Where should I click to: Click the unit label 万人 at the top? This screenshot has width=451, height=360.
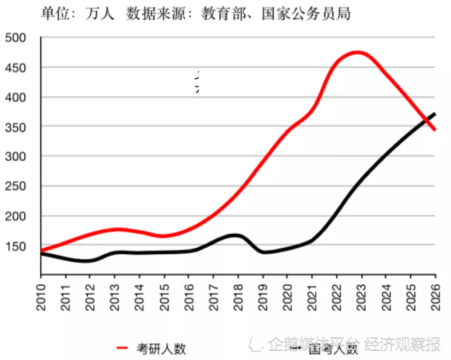(x=101, y=14)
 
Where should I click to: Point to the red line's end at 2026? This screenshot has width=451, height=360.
(x=435, y=130)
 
